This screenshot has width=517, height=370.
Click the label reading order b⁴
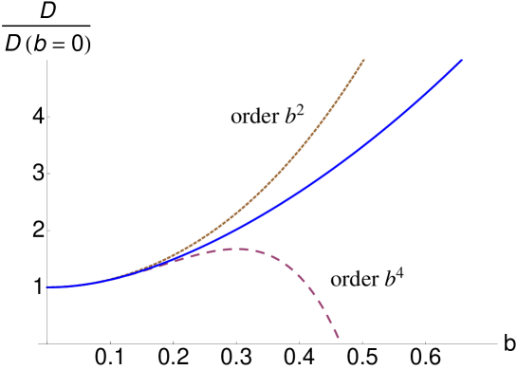pos(368,279)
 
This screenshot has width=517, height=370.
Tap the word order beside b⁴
pos(354,281)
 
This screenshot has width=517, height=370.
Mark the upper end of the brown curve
pos(364,60)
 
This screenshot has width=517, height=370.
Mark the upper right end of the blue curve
pos(462,59)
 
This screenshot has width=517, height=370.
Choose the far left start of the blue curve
pos(46,287)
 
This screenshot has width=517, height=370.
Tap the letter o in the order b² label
pos(236,120)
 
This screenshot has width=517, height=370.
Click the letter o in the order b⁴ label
pos(336,283)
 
